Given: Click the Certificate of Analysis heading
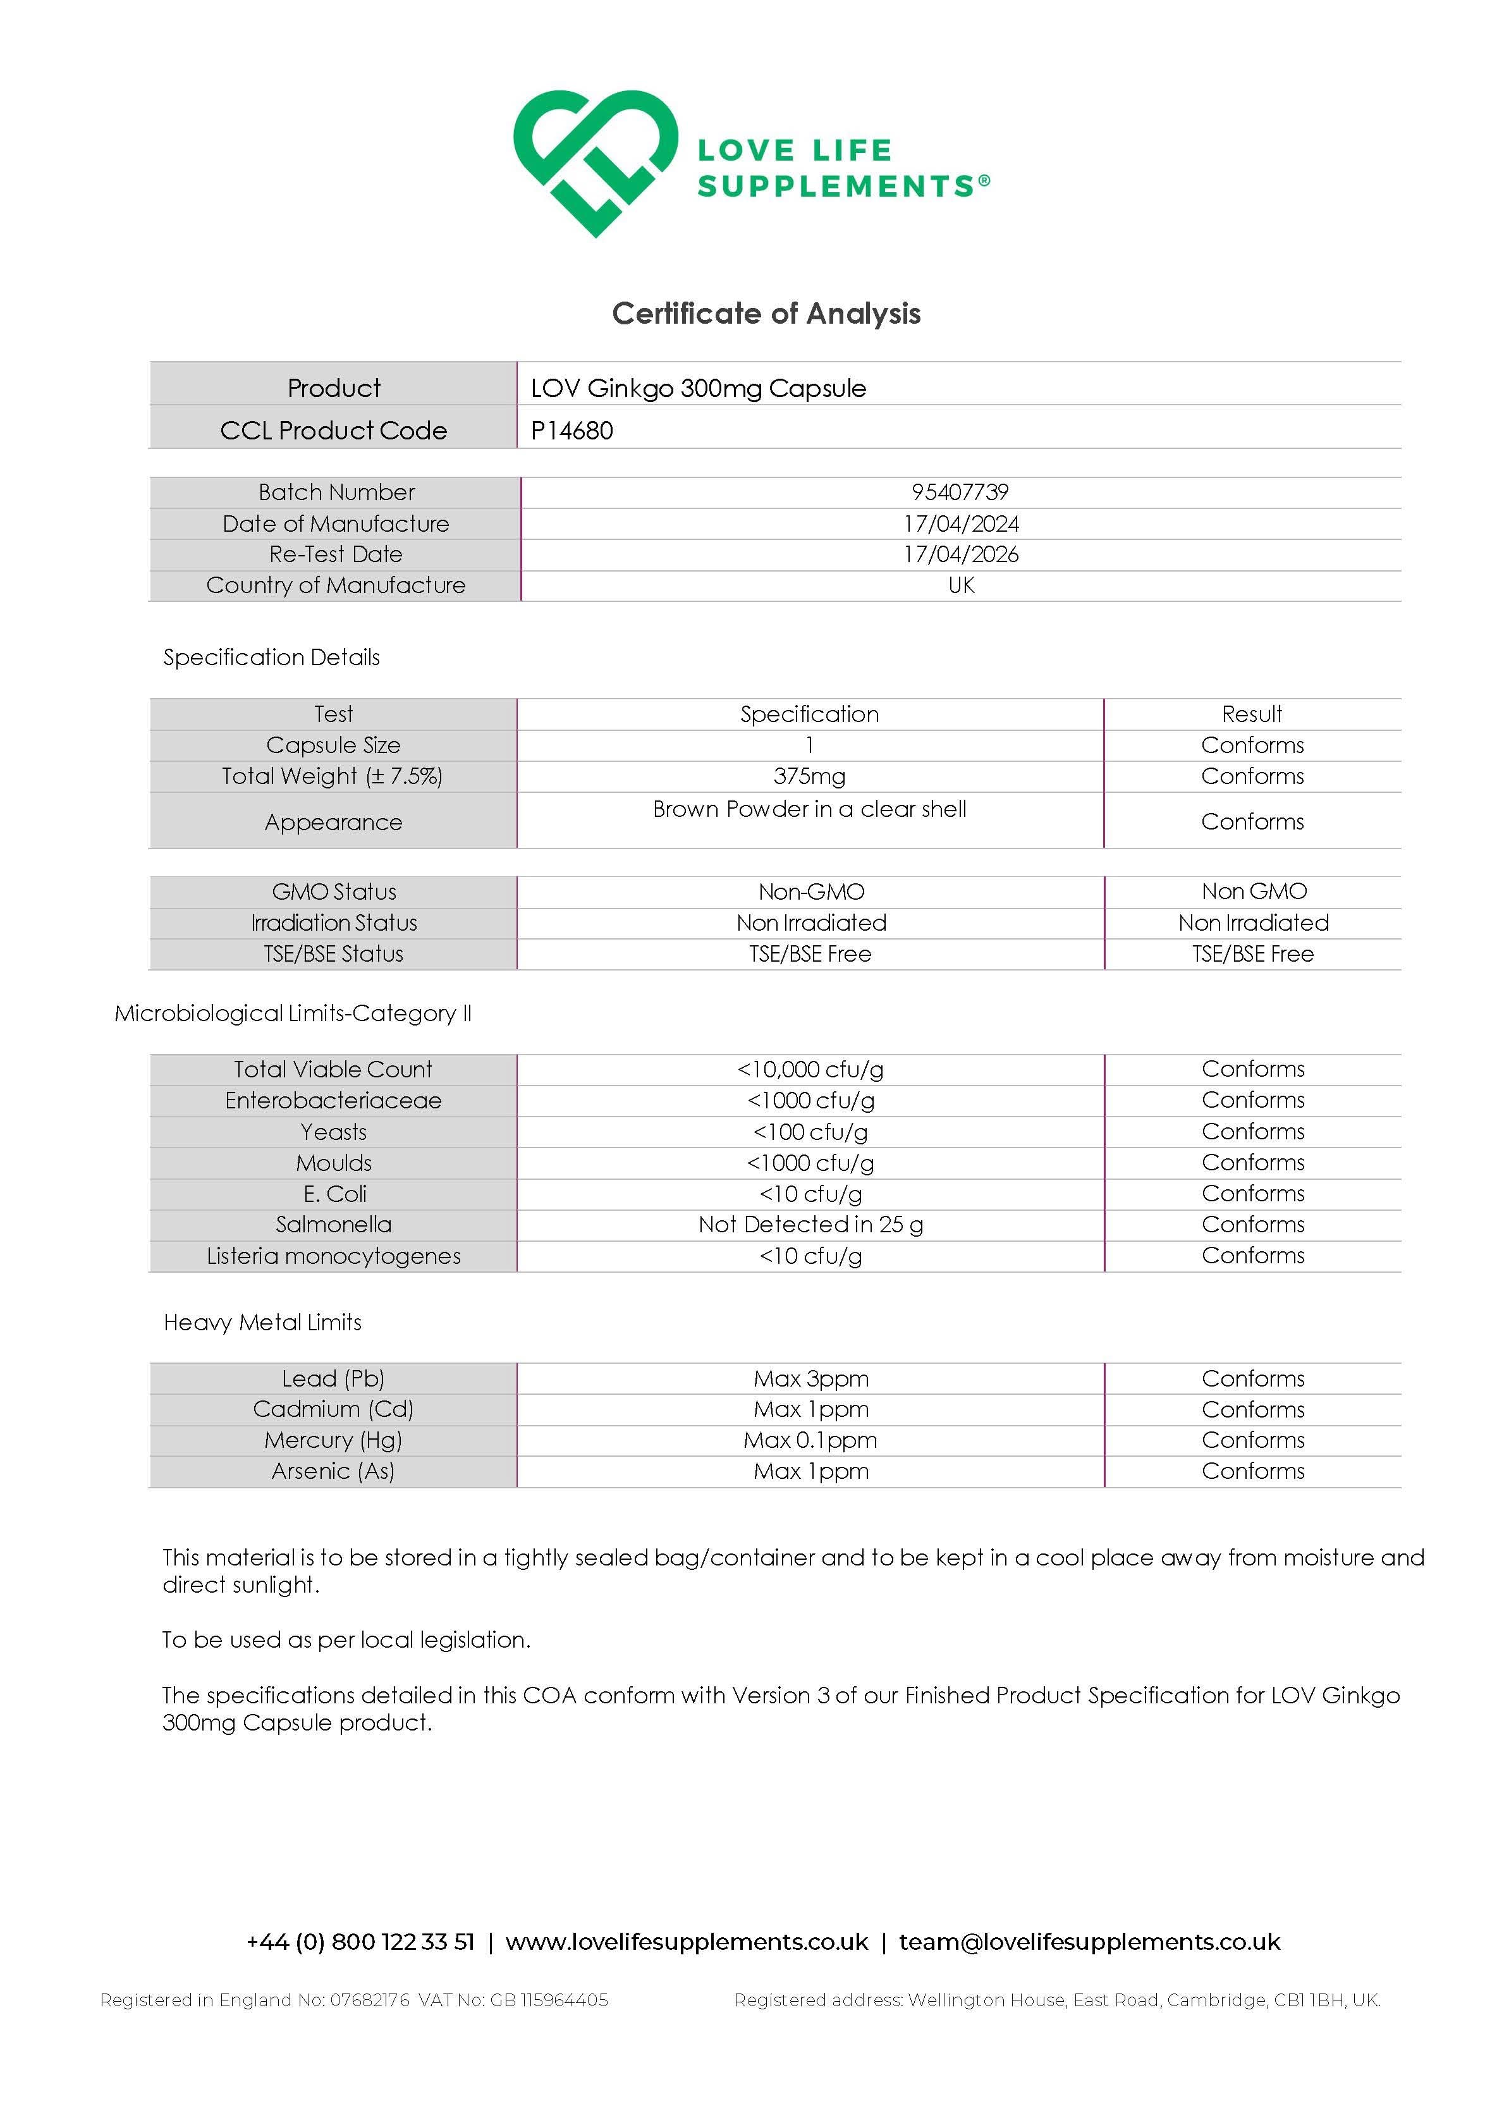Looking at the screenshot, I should click(766, 313).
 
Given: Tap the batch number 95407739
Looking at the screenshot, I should click(960, 493).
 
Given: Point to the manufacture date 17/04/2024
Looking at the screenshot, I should click(961, 524).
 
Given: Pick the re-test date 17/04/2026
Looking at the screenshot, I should click(961, 554).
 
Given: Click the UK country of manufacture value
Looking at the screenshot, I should click(961, 585).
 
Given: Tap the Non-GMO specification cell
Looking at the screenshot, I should click(810, 891).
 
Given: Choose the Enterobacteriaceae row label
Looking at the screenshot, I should click(333, 1100).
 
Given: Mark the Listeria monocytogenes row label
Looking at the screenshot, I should click(333, 1256).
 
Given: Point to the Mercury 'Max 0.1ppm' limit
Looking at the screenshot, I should click(810, 1440).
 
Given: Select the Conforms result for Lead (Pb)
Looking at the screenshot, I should click(1252, 1378).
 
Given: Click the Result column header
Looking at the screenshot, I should click(1252, 714).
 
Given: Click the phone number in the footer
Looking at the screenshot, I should click(360, 1942).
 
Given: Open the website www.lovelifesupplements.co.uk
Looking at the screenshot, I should click(686, 1942).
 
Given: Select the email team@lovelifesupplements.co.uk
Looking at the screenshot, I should click(1089, 1942).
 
